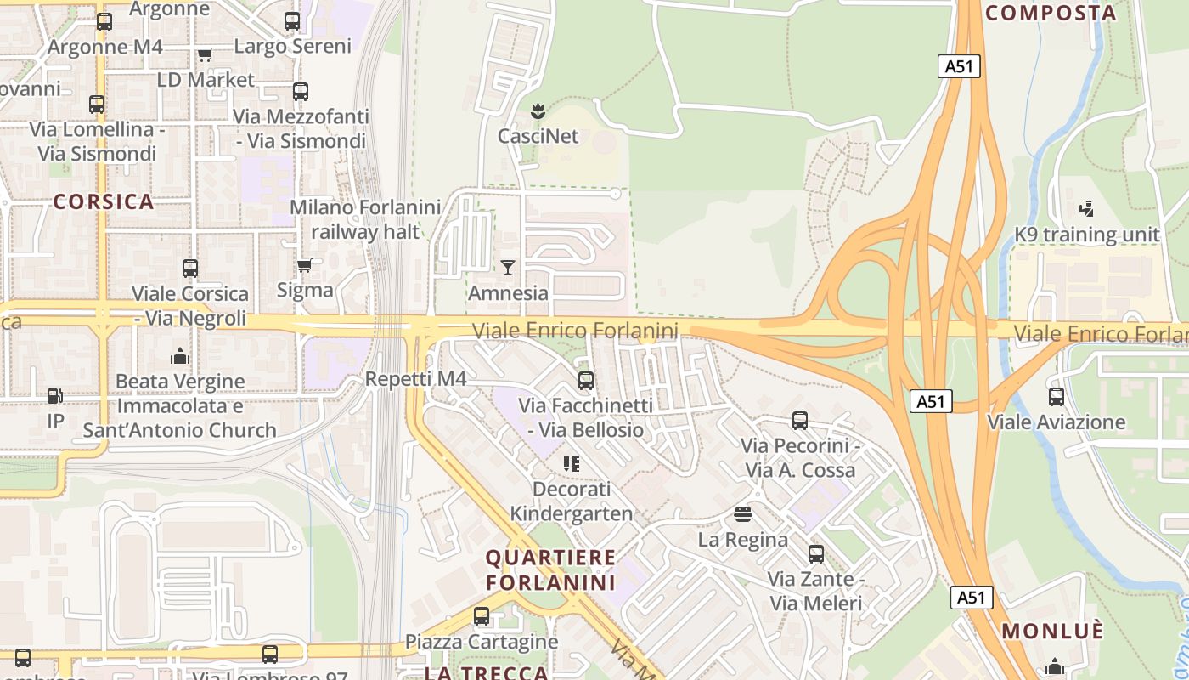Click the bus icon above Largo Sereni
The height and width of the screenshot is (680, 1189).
(292, 21)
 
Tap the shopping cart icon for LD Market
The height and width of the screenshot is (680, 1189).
(205, 55)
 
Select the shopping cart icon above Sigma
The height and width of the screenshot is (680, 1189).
(305, 265)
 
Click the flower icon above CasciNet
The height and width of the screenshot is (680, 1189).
(537, 110)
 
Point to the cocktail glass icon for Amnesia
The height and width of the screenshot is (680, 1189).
(508, 268)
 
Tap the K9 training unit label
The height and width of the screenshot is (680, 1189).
(1087, 235)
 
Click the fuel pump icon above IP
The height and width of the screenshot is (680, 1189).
(55, 396)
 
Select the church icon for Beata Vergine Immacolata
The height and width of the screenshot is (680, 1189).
(180, 356)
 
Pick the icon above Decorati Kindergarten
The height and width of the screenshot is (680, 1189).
(571, 464)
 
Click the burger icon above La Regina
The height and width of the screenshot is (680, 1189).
(743, 514)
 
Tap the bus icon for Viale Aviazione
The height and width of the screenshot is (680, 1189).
(1057, 397)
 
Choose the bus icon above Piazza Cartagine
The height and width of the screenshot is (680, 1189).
(482, 616)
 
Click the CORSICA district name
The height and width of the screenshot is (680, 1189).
(104, 202)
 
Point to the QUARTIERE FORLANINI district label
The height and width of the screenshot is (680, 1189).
(550, 570)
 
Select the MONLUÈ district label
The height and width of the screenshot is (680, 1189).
(1053, 632)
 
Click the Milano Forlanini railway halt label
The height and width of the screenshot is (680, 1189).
(365, 219)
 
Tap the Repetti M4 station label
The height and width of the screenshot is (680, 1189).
(415, 379)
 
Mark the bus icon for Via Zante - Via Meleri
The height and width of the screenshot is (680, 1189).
(816, 554)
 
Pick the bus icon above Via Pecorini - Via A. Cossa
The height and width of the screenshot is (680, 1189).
(800, 421)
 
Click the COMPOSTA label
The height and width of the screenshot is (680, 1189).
(1051, 13)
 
